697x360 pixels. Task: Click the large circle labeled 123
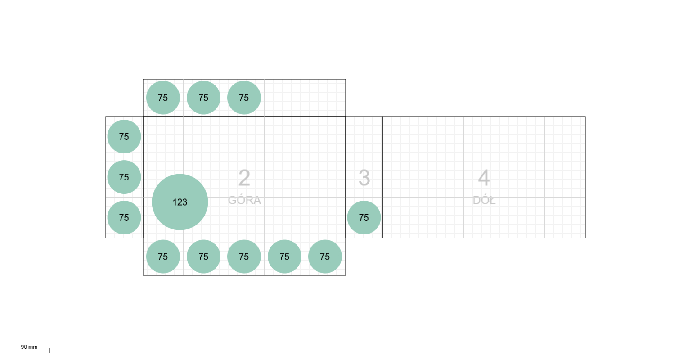[180, 202]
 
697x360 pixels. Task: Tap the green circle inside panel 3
[364, 217]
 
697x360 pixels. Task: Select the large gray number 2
[244, 178]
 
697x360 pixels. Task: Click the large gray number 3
[364, 178]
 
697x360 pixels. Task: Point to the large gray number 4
[484, 178]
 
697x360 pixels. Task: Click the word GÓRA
[244, 200]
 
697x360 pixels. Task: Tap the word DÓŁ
[484, 200]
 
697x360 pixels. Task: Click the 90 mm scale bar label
[29, 346]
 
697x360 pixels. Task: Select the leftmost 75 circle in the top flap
[163, 98]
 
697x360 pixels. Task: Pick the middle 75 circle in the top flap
[203, 98]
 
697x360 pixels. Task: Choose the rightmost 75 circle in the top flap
[244, 98]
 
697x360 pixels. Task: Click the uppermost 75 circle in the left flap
[124, 137]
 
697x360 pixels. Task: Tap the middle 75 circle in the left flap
[124, 177]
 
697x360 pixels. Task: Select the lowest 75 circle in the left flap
[124, 217]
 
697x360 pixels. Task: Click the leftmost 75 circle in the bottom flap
[163, 256]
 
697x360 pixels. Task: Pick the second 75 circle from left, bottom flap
[203, 256]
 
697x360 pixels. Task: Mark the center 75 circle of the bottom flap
[244, 256]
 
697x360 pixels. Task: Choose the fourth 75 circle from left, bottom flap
[284, 256]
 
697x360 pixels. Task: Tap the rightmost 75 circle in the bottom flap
[325, 256]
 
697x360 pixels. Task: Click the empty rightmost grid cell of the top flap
[325, 98]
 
